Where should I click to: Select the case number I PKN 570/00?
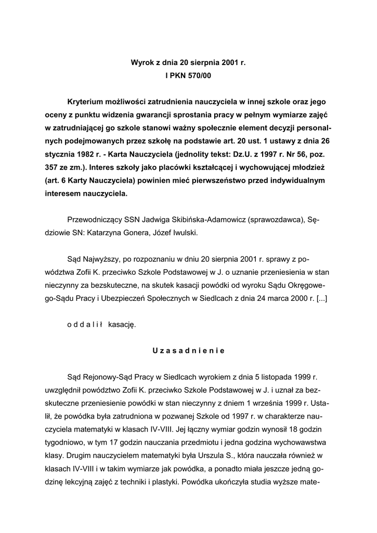[188, 76]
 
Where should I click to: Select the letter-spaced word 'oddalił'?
[85, 324]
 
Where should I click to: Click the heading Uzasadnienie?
[188, 350]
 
